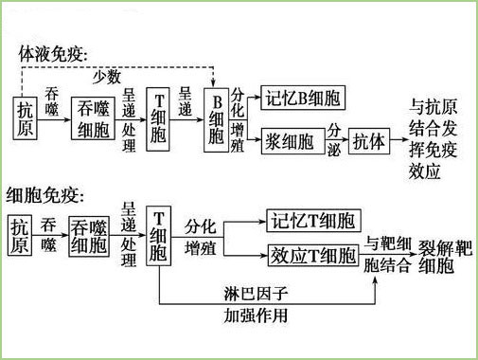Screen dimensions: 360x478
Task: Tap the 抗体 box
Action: tap(368, 142)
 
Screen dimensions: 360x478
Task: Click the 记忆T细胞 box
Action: tap(312, 222)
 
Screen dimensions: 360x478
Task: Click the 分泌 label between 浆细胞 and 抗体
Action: tap(334, 139)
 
